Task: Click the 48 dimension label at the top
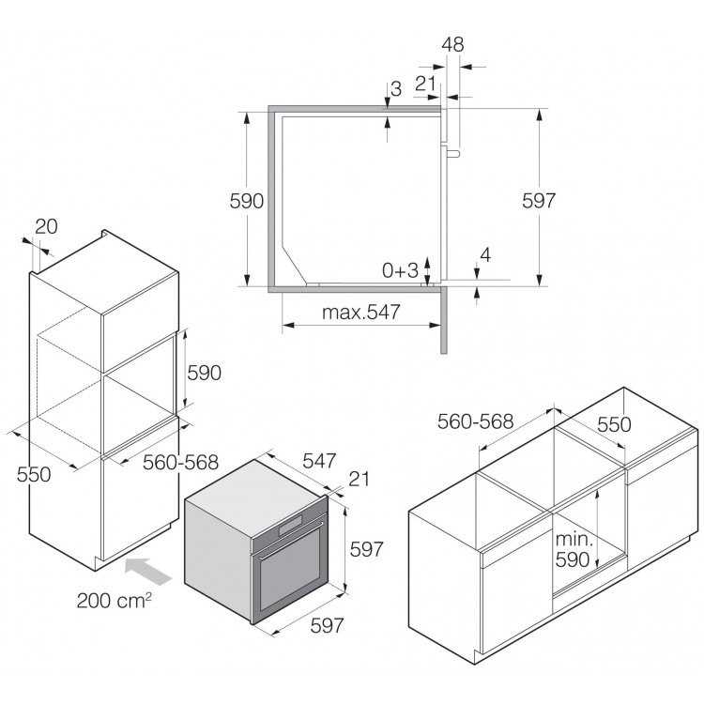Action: (452, 44)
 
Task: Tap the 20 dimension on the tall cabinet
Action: (46, 227)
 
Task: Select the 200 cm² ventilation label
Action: (114, 601)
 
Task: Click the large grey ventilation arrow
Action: (148, 571)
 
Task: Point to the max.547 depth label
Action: (361, 312)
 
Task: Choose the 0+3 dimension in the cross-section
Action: (400, 270)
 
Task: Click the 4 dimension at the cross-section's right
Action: (485, 255)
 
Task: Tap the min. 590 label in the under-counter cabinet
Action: (574, 549)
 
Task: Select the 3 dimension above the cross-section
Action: (396, 89)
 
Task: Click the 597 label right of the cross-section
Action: (539, 201)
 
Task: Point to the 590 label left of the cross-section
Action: (247, 201)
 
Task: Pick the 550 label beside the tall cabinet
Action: (34, 474)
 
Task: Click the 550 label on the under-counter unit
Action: (614, 424)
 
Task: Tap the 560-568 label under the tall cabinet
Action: (180, 462)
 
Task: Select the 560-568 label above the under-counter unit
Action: (476, 421)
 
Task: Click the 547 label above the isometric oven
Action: (319, 461)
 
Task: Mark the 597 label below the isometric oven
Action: (327, 625)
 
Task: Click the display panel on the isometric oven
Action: (290, 525)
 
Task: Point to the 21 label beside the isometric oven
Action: (359, 479)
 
